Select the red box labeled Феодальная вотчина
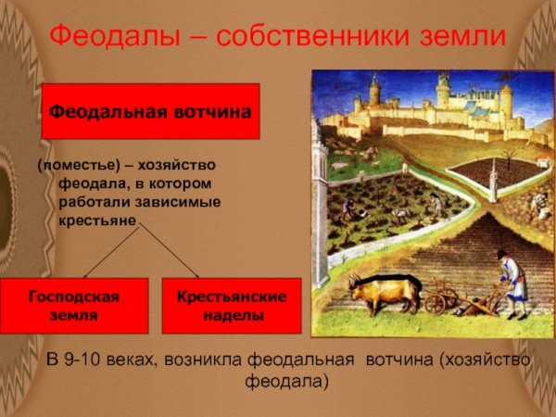(x=150, y=111)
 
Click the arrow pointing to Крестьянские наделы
(x=171, y=252)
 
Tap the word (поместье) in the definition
(x=75, y=165)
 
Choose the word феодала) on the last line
(x=287, y=381)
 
